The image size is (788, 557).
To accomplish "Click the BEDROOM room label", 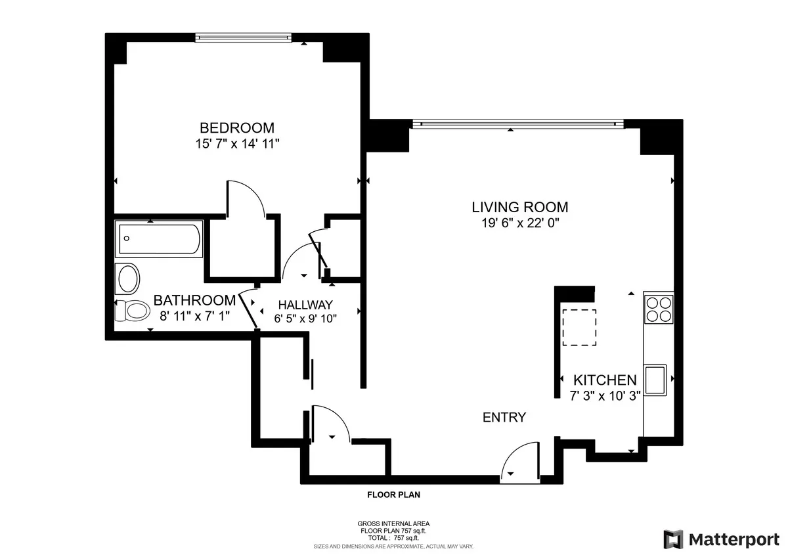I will [x=237, y=127].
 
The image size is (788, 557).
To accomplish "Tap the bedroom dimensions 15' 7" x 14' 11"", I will [x=237, y=143].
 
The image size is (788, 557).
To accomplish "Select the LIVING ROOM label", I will [x=520, y=207].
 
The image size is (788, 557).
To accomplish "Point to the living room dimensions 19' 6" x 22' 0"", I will [x=520, y=223].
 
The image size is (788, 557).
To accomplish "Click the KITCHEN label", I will [x=605, y=380].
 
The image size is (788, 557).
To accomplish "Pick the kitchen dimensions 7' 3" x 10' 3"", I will [x=605, y=395].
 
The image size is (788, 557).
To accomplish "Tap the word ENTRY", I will [x=504, y=417].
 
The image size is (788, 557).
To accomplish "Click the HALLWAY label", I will [x=305, y=305].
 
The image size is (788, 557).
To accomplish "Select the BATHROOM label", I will [x=194, y=300].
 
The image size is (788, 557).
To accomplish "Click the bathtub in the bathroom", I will [x=159, y=240].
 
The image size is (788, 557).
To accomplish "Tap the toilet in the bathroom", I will [x=132, y=310].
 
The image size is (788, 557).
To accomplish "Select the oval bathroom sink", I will [x=128, y=279].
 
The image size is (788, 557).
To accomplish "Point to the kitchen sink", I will [x=656, y=380].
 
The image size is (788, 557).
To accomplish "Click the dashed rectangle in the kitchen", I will [x=579, y=326].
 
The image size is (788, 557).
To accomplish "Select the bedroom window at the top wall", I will [x=243, y=38].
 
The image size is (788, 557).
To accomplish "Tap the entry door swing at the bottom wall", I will [x=519, y=464].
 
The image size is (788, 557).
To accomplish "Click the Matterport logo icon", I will [x=673, y=539].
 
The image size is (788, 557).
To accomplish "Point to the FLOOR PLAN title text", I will [x=393, y=495].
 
